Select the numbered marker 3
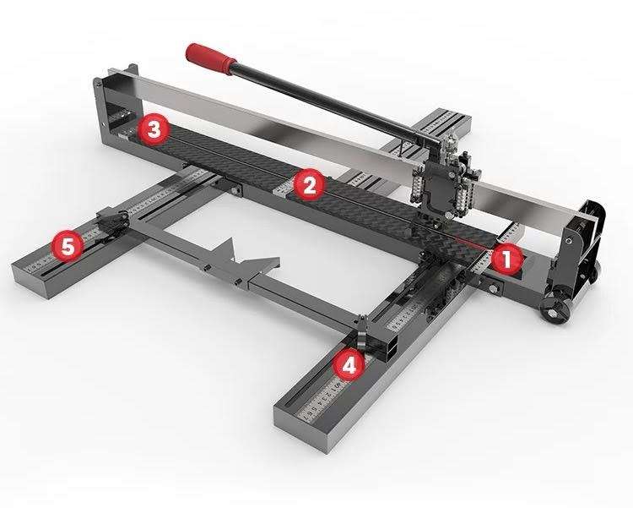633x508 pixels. tap(154, 129)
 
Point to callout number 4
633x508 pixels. tap(349, 364)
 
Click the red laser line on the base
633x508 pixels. tap(473, 240)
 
